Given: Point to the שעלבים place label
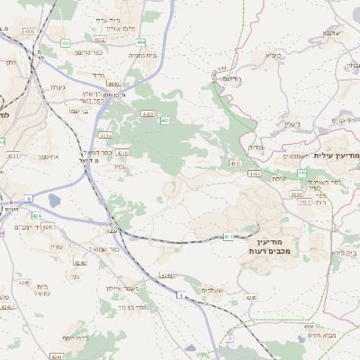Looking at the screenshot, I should tap(212, 290).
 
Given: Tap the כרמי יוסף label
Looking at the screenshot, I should tap(79, 338).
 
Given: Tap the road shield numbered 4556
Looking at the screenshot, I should tap(308, 326).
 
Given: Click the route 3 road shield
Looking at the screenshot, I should tap(230, 338).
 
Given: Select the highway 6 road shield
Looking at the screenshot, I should tap(29, 198).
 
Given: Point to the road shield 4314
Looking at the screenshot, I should tap(106, 136).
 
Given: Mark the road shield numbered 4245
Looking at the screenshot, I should tap(22, 283).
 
